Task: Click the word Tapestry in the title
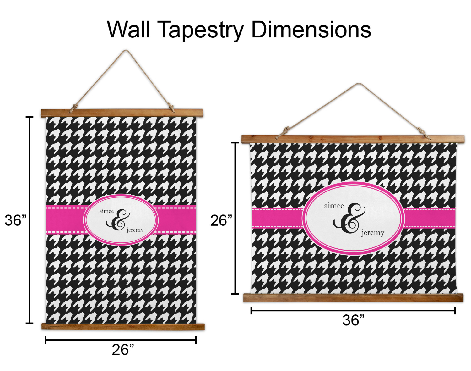pyautogui.click(x=200, y=30)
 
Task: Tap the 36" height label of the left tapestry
pyautogui.click(x=15, y=220)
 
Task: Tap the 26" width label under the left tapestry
pyautogui.click(x=123, y=350)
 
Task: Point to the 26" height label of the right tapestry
pyautogui.click(x=221, y=220)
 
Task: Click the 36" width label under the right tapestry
pyautogui.click(x=353, y=320)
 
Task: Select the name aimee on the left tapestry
pyautogui.click(x=106, y=211)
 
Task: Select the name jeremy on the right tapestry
pyautogui.click(x=373, y=233)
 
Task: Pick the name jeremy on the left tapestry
pyautogui.click(x=135, y=230)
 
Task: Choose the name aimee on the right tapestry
pyautogui.click(x=334, y=206)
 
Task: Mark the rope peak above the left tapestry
pyautogui.click(x=126, y=51)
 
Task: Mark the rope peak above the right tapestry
pyautogui.click(x=359, y=84)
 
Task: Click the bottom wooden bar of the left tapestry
pyautogui.click(x=123, y=326)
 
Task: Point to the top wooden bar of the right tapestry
pyautogui.click(x=353, y=139)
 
